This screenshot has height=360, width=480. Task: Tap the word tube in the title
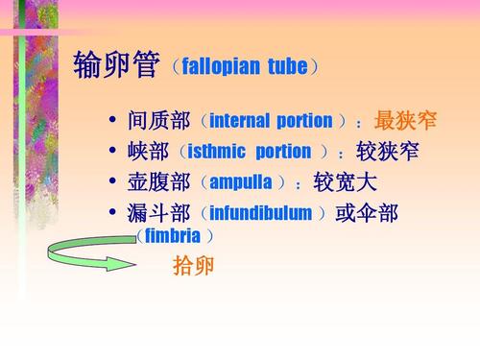tap(289, 67)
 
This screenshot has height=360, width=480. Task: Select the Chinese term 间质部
tap(159, 121)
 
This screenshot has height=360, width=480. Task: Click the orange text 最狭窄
tap(405, 121)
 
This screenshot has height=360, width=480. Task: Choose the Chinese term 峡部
tap(149, 152)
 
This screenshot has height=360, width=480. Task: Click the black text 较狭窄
tap(387, 152)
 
